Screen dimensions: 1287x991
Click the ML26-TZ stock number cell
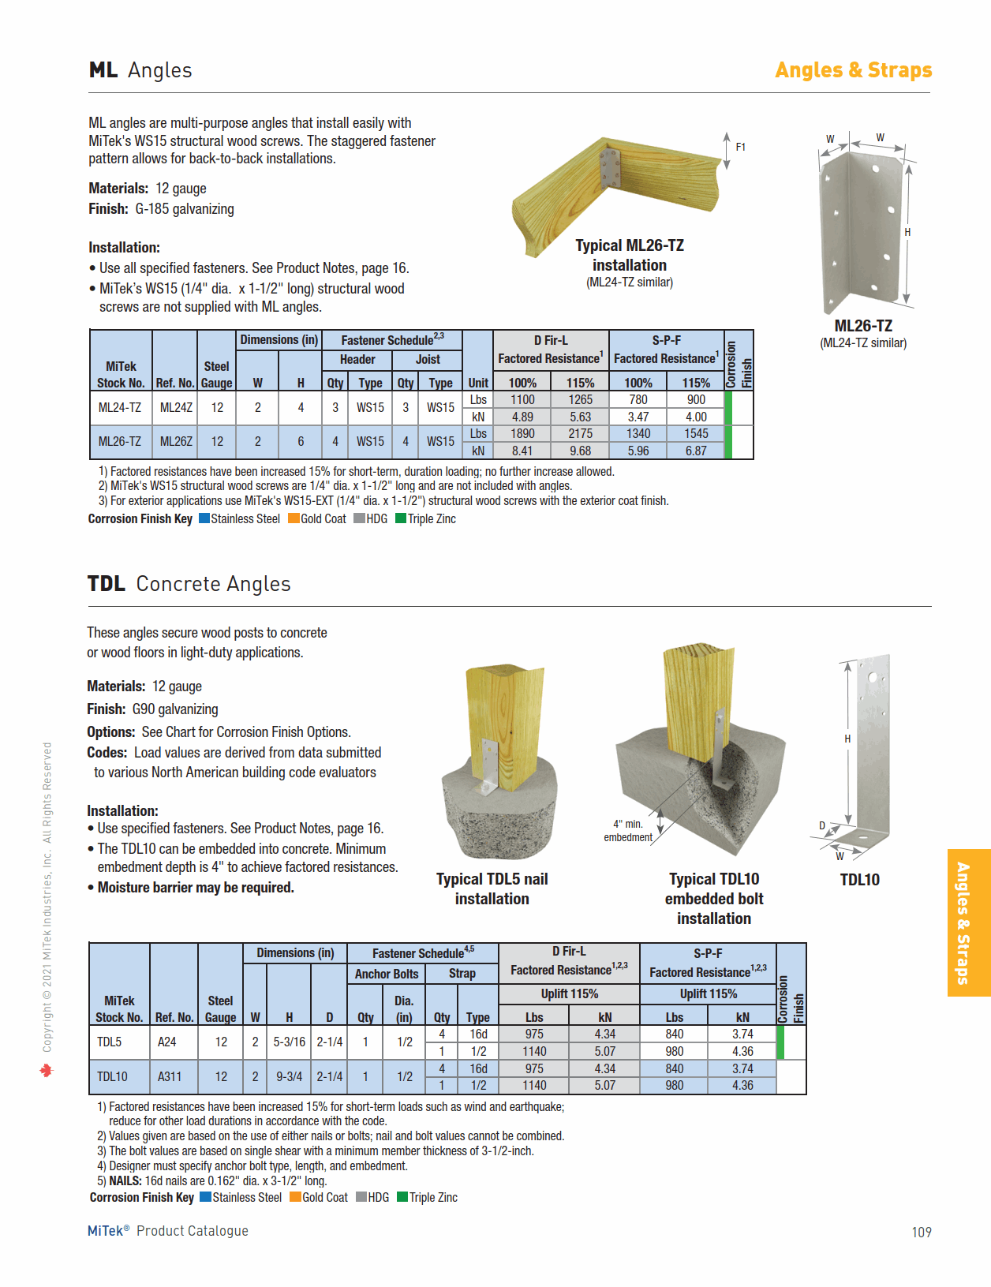coord(120,442)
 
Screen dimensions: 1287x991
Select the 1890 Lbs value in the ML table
coord(522,434)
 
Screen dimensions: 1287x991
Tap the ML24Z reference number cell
coord(176,408)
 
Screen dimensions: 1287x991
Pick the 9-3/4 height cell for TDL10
coord(290,1076)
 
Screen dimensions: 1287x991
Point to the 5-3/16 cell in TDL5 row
coord(290,1042)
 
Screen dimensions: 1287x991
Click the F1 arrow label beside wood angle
coord(740,147)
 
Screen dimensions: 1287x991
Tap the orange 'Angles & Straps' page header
coord(853,70)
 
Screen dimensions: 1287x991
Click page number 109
coord(921,1232)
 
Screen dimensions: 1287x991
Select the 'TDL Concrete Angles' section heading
coord(189,584)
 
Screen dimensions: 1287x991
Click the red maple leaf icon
coord(47,1071)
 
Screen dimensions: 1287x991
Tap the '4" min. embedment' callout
coord(628,831)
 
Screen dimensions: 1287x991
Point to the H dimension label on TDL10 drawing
coord(847,739)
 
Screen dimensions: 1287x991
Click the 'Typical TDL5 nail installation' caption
coord(492,889)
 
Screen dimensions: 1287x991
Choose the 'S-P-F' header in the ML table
coord(666,340)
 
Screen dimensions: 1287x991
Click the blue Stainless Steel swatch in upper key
coord(204,518)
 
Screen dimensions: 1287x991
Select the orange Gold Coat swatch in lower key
coord(296,1197)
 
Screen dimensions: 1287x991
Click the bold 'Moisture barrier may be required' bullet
coord(195,888)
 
